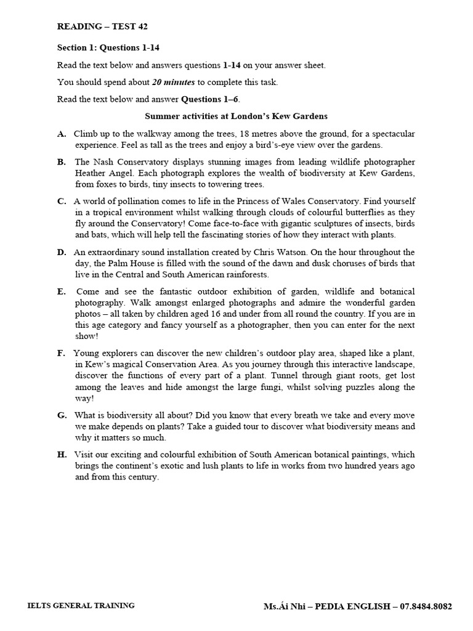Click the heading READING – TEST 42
(x=102, y=26)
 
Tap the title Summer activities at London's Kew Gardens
(x=236, y=116)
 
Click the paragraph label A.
(x=62, y=134)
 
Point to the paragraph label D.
(x=62, y=252)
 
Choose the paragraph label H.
(x=62, y=454)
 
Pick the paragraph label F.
(x=62, y=353)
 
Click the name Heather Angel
(x=102, y=173)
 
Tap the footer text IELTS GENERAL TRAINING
(x=81, y=606)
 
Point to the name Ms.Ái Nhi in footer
(x=286, y=606)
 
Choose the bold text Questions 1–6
(x=209, y=99)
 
